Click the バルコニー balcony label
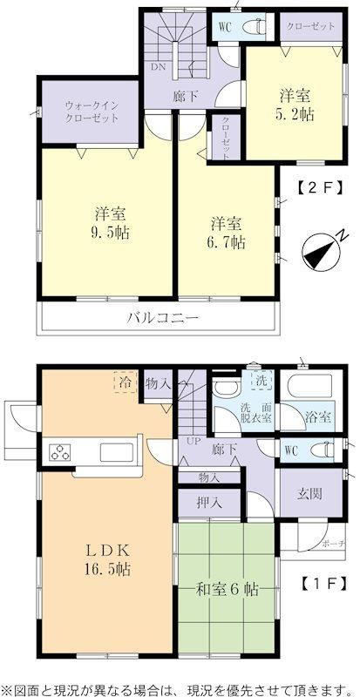coord(162,318)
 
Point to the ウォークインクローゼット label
coord(92,112)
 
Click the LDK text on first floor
coord(109,551)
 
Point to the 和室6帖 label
coord(228,590)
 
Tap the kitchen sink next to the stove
coord(117,452)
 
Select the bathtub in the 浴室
coord(309,386)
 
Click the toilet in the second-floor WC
coord(255,28)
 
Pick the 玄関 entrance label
coord(309,493)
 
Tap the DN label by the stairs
coord(159,68)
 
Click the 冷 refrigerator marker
coord(125,382)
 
